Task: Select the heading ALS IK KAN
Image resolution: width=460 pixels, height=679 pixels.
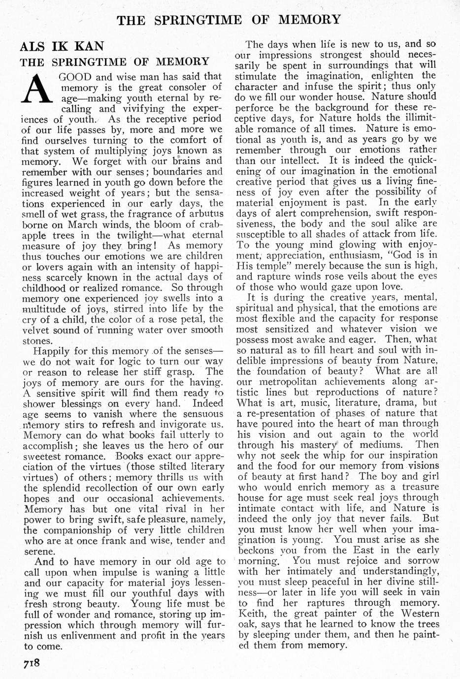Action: click(x=62, y=46)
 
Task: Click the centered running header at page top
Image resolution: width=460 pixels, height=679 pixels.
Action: click(x=229, y=20)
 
